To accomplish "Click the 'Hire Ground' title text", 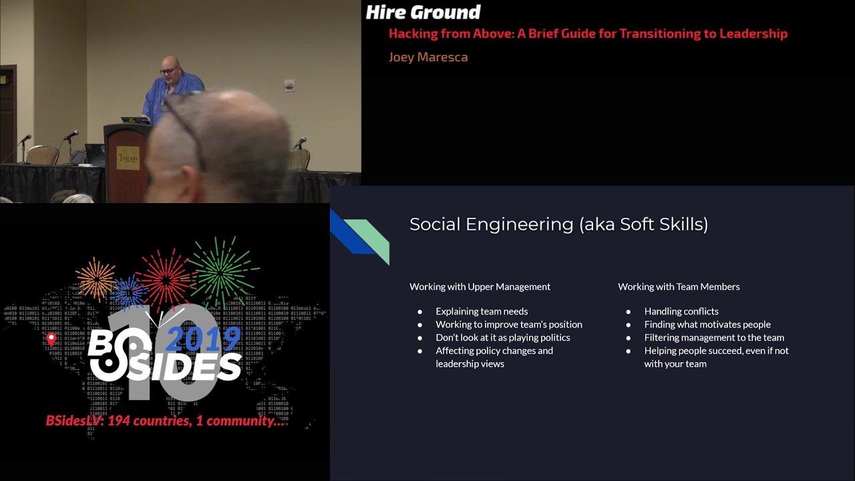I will click(423, 12).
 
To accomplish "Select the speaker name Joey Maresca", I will click(428, 57).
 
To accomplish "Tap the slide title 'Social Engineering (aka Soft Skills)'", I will click(558, 224).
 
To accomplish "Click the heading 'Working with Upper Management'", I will click(480, 287).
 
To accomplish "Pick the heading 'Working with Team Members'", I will click(679, 287).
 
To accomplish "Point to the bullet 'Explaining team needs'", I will click(482, 311).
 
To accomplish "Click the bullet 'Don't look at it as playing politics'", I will click(503, 337).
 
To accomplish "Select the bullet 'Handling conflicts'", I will click(681, 311).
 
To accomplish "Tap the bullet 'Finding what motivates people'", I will click(707, 325).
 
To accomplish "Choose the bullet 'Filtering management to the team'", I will click(714, 337).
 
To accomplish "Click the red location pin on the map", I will click(51, 339).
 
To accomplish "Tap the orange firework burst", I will click(96, 278).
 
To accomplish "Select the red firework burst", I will click(164, 277).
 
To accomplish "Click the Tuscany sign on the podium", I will click(128, 158).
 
